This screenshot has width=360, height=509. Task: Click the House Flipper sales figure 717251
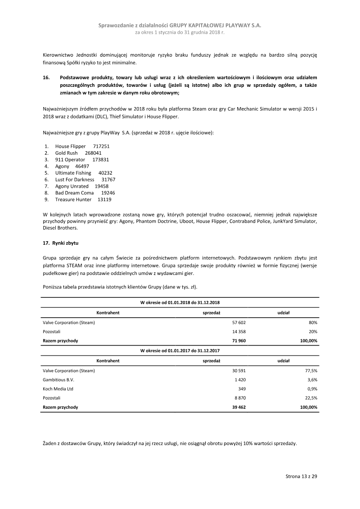point(101,147)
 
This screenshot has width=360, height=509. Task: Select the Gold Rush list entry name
point(67,153)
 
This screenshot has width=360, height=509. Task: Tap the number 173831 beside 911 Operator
point(100,160)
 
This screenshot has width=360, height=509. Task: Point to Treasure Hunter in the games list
point(73,199)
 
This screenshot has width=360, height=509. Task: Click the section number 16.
point(46,78)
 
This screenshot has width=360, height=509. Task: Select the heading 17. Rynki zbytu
point(61,243)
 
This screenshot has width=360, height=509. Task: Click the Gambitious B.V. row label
point(58,380)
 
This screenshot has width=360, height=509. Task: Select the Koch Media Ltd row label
point(58,389)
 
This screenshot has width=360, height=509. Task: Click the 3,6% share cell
point(312,380)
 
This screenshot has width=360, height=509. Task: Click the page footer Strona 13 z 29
point(301,476)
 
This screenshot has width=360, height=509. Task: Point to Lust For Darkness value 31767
point(108,180)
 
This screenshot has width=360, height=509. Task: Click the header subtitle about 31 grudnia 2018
point(180,33)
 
